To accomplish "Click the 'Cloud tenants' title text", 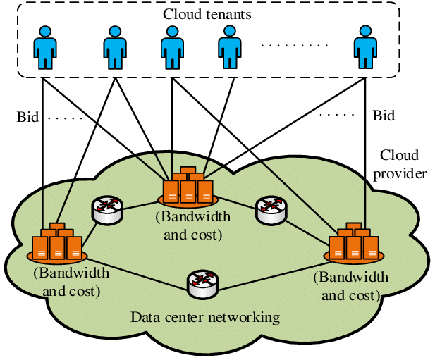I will pos(207,14).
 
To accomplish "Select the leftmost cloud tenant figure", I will pos(44,47).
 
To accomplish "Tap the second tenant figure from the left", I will pos(114,47).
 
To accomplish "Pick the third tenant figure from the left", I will pos(172,47).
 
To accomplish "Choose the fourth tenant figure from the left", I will pos(231,47).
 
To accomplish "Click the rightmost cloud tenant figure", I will pos(364,47).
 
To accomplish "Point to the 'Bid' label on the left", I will pos(27,116).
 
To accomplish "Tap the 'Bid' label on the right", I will pos(384,116).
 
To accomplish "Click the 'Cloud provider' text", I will pos(400,163).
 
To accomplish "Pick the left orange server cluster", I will pos(57,242).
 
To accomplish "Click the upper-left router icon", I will pos(107,209).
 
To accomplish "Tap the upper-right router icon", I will pos(271,209).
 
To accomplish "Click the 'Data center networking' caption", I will pos(205,317).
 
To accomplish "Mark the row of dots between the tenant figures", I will pos(290,44).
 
